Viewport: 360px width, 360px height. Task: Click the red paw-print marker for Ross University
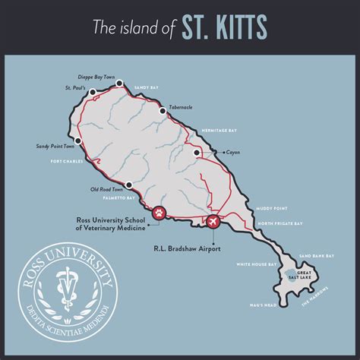click(158, 213)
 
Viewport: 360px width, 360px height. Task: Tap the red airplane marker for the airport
click(213, 221)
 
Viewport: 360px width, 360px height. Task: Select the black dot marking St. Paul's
click(92, 93)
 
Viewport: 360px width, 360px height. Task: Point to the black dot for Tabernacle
click(162, 112)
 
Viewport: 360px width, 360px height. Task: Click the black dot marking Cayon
click(197, 153)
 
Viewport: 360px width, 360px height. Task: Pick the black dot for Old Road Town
click(130, 185)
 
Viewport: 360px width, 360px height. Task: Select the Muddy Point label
click(272, 206)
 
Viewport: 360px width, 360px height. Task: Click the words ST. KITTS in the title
click(224, 28)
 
